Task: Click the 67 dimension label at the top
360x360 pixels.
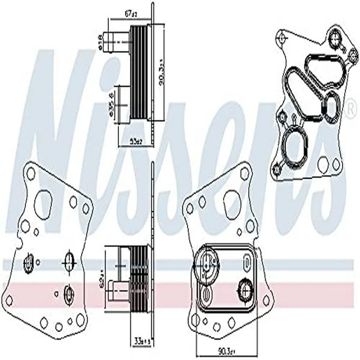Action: tap(130, 14)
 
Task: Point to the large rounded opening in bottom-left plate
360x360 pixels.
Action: tap(43, 204)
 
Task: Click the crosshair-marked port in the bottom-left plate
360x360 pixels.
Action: tap(70, 261)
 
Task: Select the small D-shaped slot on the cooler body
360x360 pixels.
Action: tap(246, 262)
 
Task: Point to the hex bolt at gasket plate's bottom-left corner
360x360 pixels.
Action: tap(277, 169)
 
